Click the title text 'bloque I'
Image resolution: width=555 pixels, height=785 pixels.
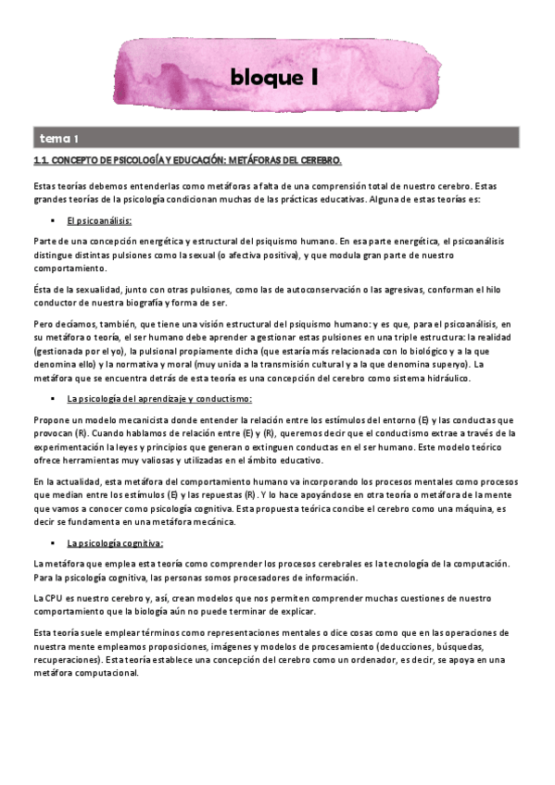pyautogui.click(x=275, y=80)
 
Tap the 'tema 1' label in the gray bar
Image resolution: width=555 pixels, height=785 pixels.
pyautogui.click(x=58, y=139)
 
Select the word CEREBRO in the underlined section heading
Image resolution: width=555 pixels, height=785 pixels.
pyautogui.click(x=318, y=161)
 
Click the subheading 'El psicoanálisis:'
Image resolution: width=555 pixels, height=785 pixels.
pyautogui.click(x=99, y=221)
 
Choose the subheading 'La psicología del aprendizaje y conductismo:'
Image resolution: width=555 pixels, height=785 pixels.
pyautogui.click(x=159, y=399)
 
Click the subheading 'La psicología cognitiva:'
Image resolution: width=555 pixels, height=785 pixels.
pyautogui.click(x=115, y=542)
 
